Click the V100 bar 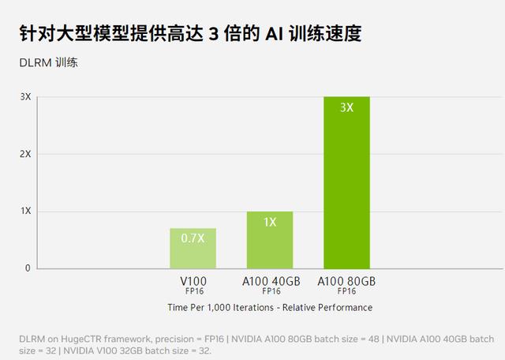click(x=193, y=249)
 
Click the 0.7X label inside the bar click(x=193, y=237)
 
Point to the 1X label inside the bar click(x=270, y=222)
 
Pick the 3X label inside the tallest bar click(x=346, y=107)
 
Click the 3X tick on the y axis click(x=25, y=97)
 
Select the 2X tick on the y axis click(x=25, y=154)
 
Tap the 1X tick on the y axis click(x=25, y=211)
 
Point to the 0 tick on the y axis click(x=27, y=268)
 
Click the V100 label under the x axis click(x=193, y=281)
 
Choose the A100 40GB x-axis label click(x=271, y=281)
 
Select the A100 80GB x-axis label click(x=346, y=281)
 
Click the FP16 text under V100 click(x=193, y=291)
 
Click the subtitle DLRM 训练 click(x=48, y=62)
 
